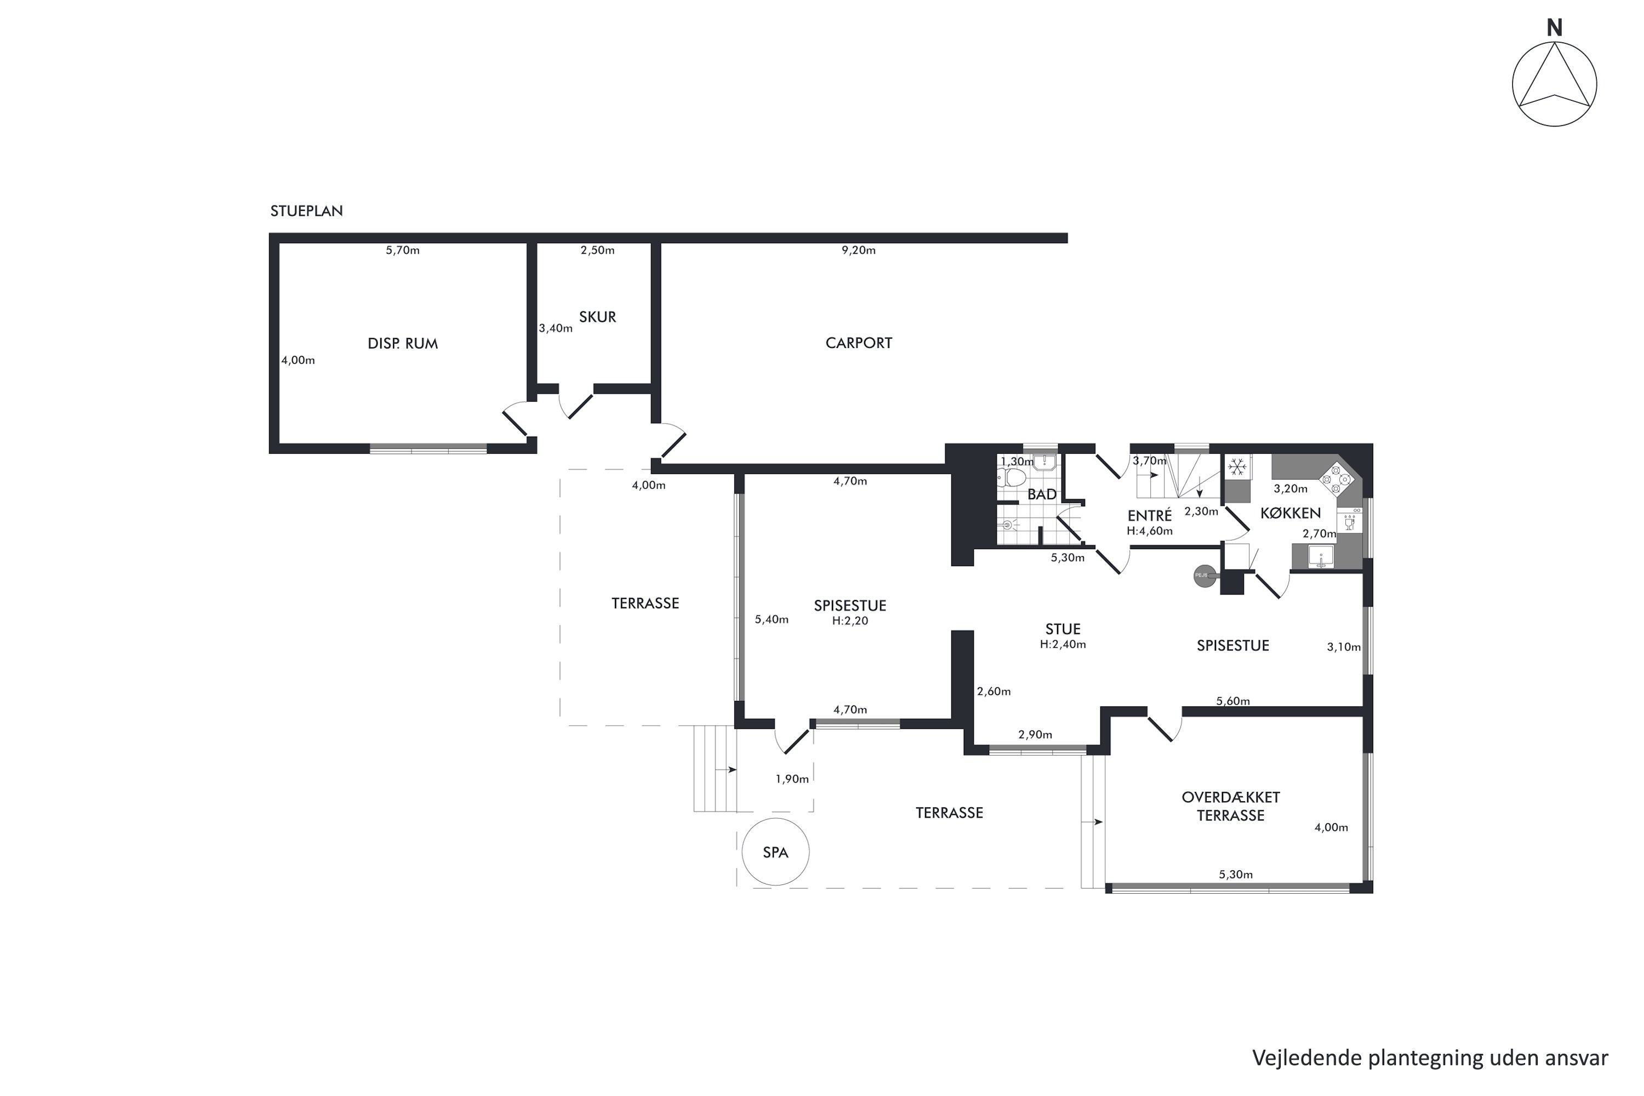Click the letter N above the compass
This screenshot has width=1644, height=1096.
(1554, 28)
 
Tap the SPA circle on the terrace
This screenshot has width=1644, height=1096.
(775, 852)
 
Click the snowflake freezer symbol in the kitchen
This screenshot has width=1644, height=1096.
(1237, 466)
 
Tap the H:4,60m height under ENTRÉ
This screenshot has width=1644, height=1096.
(1149, 530)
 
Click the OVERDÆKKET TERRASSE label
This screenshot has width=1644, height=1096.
(1231, 806)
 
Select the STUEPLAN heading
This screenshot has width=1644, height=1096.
(306, 211)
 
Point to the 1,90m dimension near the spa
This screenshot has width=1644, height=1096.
(792, 779)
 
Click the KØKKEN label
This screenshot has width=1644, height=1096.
(1291, 513)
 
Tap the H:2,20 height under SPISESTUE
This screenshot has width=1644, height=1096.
(850, 621)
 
